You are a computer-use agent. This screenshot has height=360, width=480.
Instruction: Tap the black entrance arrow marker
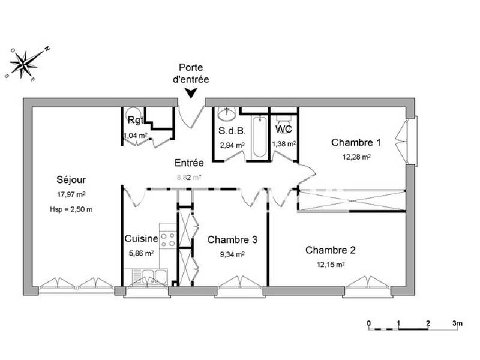pyautogui.click(x=191, y=92)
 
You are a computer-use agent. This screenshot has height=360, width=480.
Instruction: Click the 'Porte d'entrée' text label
pyautogui.click(x=193, y=74)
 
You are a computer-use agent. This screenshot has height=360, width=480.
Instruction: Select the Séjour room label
pyautogui.click(x=71, y=179)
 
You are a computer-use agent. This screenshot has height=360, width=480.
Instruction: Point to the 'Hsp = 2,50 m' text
pyautogui.click(x=71, y=209)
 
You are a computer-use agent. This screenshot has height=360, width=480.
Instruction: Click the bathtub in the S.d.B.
pyautogui.click(x=259, y=136)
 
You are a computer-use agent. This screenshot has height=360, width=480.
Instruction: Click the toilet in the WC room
pyautogui.click(x=283, y=116)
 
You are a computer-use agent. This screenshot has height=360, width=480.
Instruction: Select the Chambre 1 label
pyautogui.click(x=356, y=143)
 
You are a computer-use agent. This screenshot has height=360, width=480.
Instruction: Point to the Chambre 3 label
pyautogui.click(x=232, y=239)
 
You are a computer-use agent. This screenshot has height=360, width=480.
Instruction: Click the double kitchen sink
pyautogui.click(x=148, y=278)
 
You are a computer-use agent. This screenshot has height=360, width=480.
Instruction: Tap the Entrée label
pyautogui.click(x=189, y=163)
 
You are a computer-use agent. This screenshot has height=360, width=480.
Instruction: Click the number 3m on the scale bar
pyautogui.click(x=457, y=323)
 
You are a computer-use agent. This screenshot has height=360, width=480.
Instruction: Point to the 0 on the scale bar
pyautogui.click(x=369, y=323)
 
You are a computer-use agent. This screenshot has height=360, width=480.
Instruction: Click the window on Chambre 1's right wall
pyautogui.click(x=411, y=142)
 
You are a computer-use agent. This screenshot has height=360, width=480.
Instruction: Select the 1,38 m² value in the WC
pyautogui.click(x=283, y=144)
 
